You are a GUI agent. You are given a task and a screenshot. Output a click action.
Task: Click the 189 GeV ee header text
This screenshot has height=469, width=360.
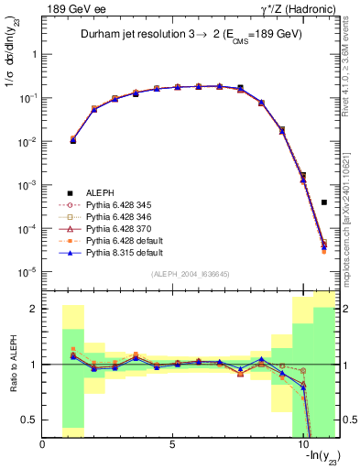(70, 8)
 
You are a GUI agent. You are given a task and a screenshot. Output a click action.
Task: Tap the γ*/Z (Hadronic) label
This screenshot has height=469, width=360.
(293, 8)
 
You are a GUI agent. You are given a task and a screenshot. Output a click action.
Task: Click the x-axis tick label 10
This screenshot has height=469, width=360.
(302, 446)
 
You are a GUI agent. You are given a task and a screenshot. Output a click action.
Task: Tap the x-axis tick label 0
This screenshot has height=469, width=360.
(43, 446)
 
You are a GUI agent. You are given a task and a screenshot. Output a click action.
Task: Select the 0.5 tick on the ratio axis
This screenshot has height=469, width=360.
(30, 420)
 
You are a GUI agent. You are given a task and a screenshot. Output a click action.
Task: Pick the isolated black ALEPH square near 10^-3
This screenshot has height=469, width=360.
(324, 202)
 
